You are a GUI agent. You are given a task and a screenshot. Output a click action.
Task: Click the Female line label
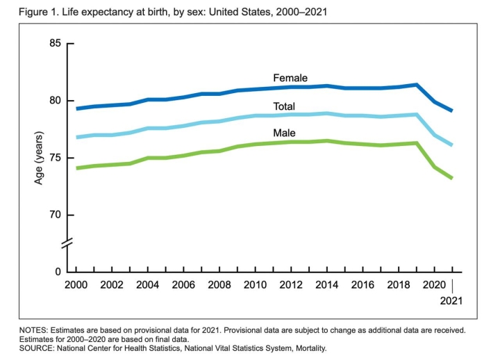pyautogui.click(x=290, y=78)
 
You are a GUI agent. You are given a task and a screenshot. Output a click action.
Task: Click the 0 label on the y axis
pyautogui.click(x=58, y=272)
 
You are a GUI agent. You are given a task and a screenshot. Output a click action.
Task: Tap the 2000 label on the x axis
pyautogui.click(x=76, y=286)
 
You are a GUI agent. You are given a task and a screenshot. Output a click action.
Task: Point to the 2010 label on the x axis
pyautogui.click(x=255, y=286)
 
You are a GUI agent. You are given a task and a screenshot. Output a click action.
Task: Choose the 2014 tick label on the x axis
pyautogui.click(x=326, y=286)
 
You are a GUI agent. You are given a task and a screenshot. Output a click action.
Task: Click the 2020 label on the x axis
pyautogui.click(x=434, y=286)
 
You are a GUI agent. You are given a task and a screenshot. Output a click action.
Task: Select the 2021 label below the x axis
pyautogui.click(x=451, y=301)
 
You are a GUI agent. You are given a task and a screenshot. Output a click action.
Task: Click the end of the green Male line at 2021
pyautogui.click(x=452, y=178)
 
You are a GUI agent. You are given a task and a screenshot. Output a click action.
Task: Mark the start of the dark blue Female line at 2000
pyautogui.click(x=76, y=108)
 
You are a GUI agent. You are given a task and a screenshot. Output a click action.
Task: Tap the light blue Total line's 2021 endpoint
pyautogui.click(x=452, y=145)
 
